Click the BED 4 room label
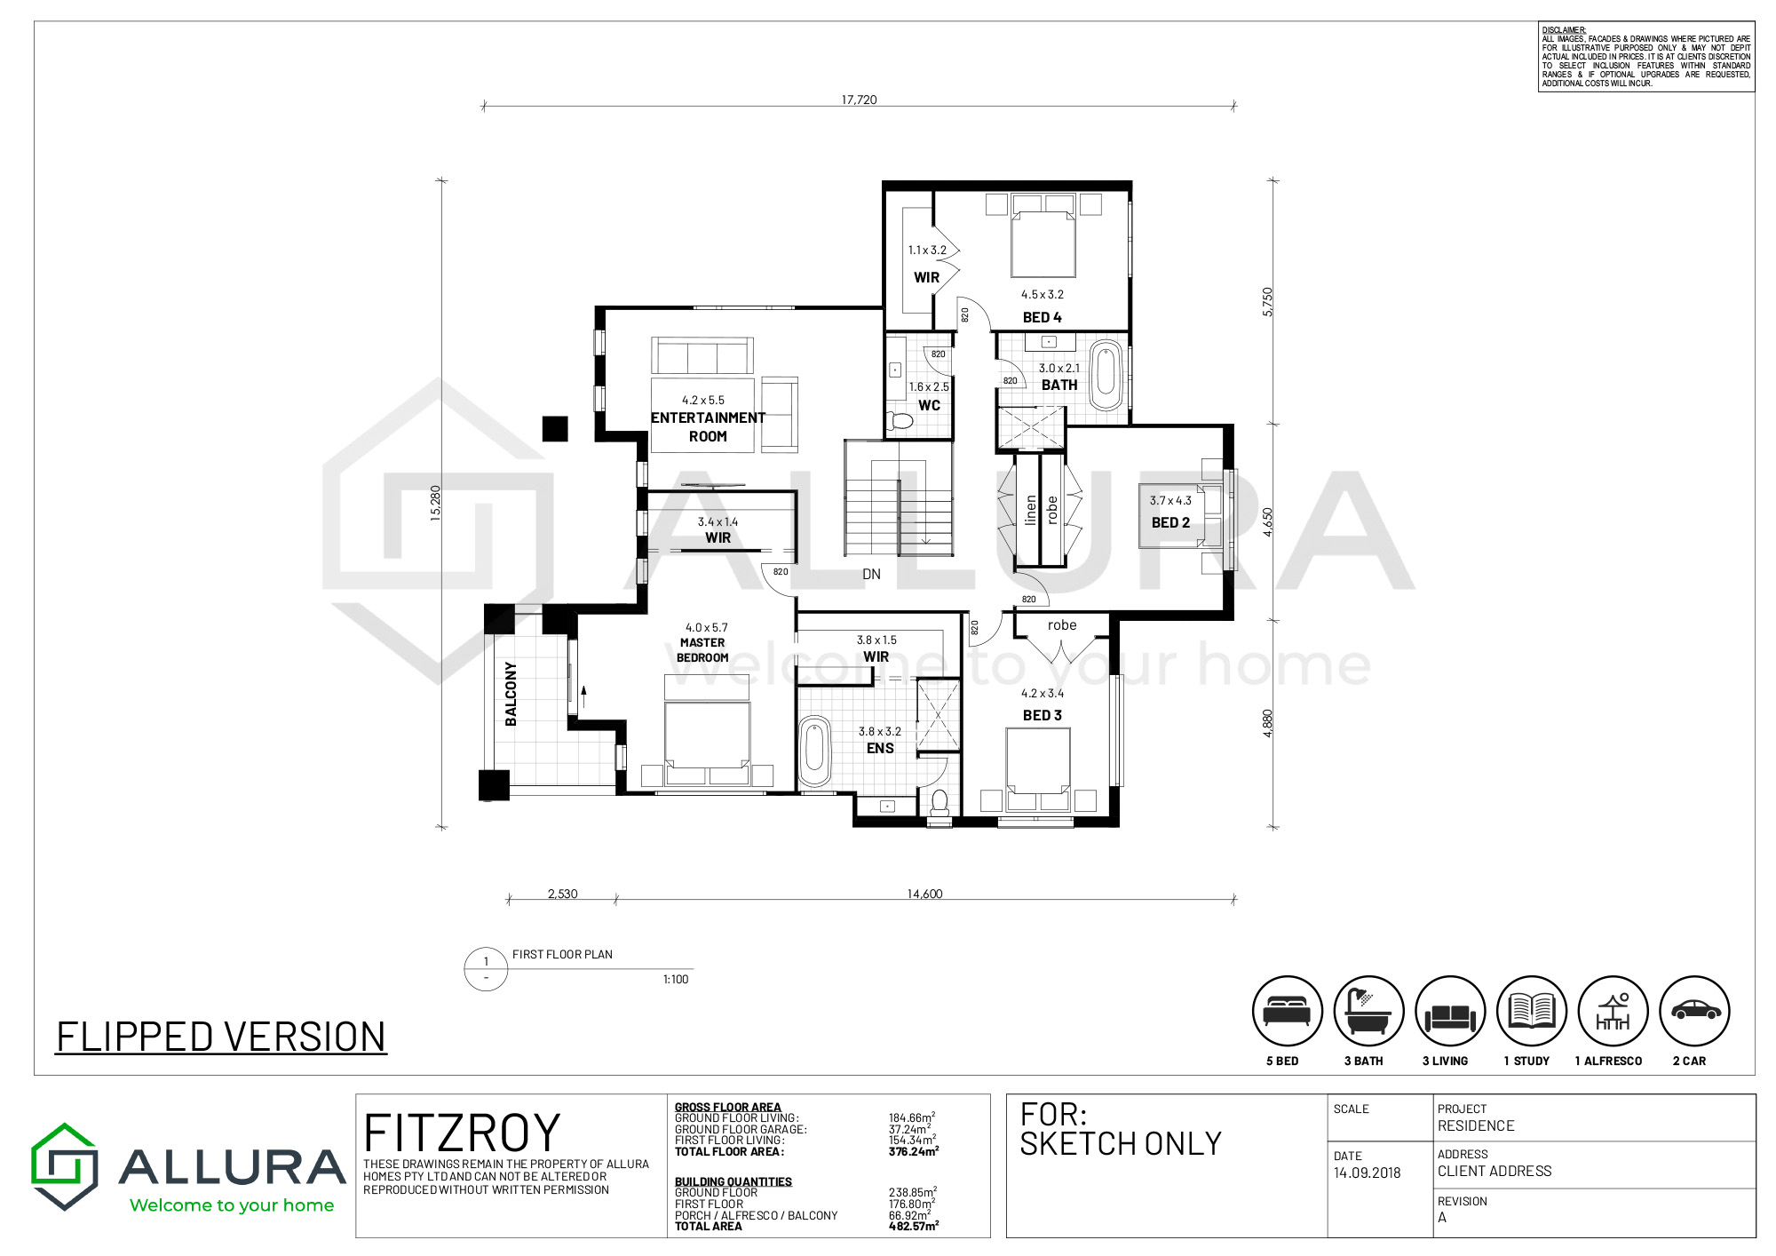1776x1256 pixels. pos(1042,317)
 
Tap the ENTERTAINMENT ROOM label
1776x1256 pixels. pos(708,426)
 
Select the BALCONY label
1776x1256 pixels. pos(511,694)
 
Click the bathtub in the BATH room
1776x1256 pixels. pos(1106,375)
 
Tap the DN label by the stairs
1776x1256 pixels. pos(871,575)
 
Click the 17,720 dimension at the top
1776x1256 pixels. pos(859,99)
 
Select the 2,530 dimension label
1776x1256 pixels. pos(562,894)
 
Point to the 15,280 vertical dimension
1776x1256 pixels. pos(435,503)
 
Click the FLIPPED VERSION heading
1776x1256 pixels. pos(221,1037)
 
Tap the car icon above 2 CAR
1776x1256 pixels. pos(1695,1010)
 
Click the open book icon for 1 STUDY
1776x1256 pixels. pos(1532,1011)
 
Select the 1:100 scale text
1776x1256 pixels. pos(676,979)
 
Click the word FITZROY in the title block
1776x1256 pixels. pos(462,1133)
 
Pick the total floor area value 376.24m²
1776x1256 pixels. pos(914,1151)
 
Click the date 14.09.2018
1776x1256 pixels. pos(1367,1173)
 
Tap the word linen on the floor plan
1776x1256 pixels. pos(1030,510)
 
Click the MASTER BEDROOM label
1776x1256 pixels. pos(702,650)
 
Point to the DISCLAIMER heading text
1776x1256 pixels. pos(1564,30)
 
